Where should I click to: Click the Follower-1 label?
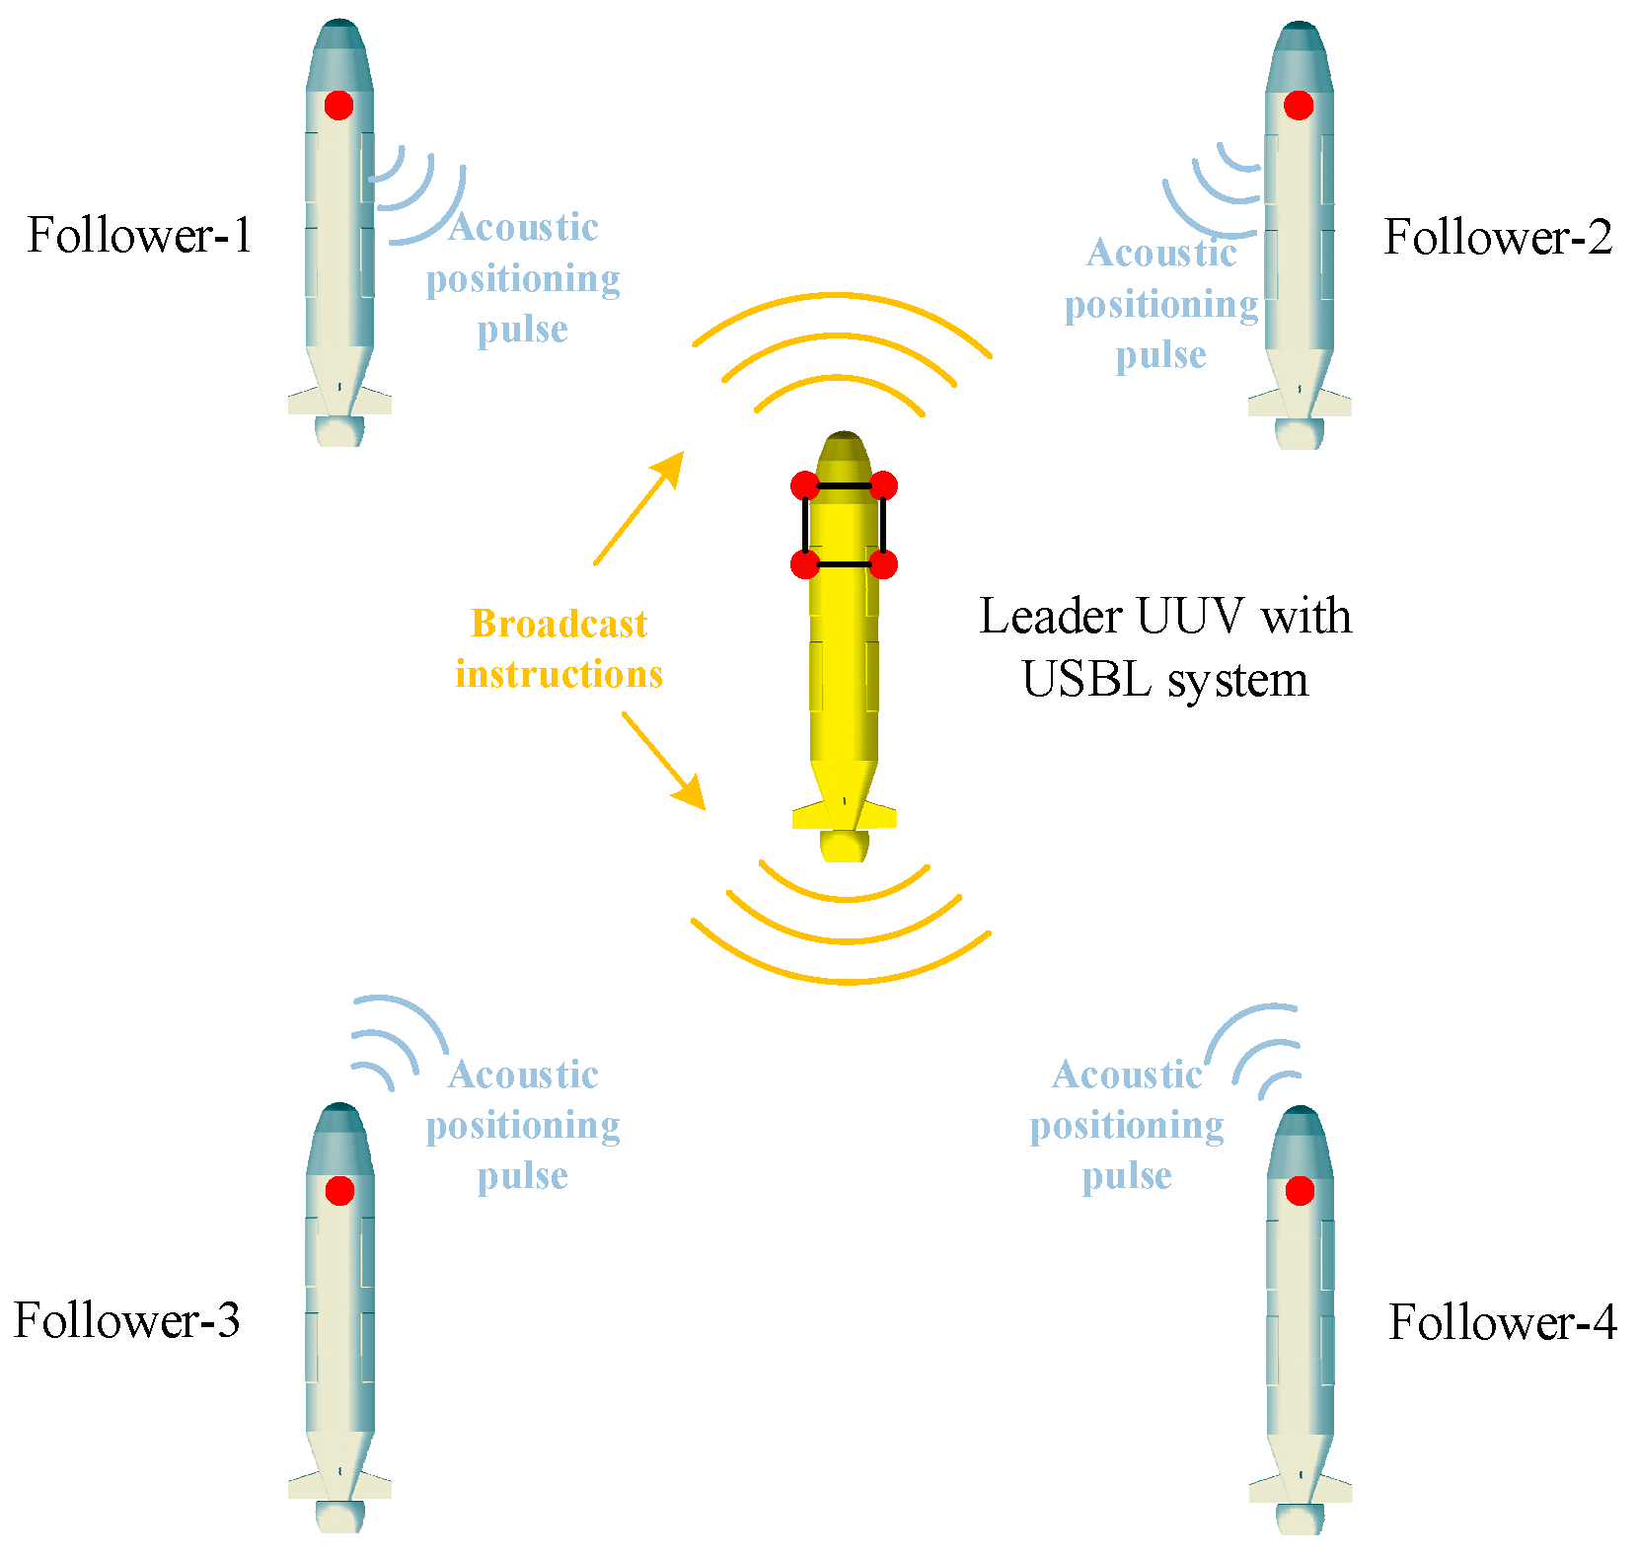(140, 235)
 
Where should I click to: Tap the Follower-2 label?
(1498, 237)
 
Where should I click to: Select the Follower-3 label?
(127, 1320)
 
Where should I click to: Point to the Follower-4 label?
(1503, 1322)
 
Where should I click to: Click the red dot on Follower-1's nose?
(338, 106)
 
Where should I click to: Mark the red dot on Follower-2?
(1299, 106)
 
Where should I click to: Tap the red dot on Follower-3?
(339, 1190)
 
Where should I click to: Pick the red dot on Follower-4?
(1300, 1191)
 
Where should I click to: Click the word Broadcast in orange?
(559, 624)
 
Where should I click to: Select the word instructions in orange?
(559, 674)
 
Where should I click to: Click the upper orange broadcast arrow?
(638, 508)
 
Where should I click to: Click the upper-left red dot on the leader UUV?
(805, 485)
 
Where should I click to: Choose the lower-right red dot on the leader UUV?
(884, 564)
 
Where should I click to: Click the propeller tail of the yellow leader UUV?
(845, 845)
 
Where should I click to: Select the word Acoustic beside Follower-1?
(523, 227)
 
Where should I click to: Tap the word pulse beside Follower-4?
(1127, 1175)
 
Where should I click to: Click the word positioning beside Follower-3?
(523, 1125)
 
